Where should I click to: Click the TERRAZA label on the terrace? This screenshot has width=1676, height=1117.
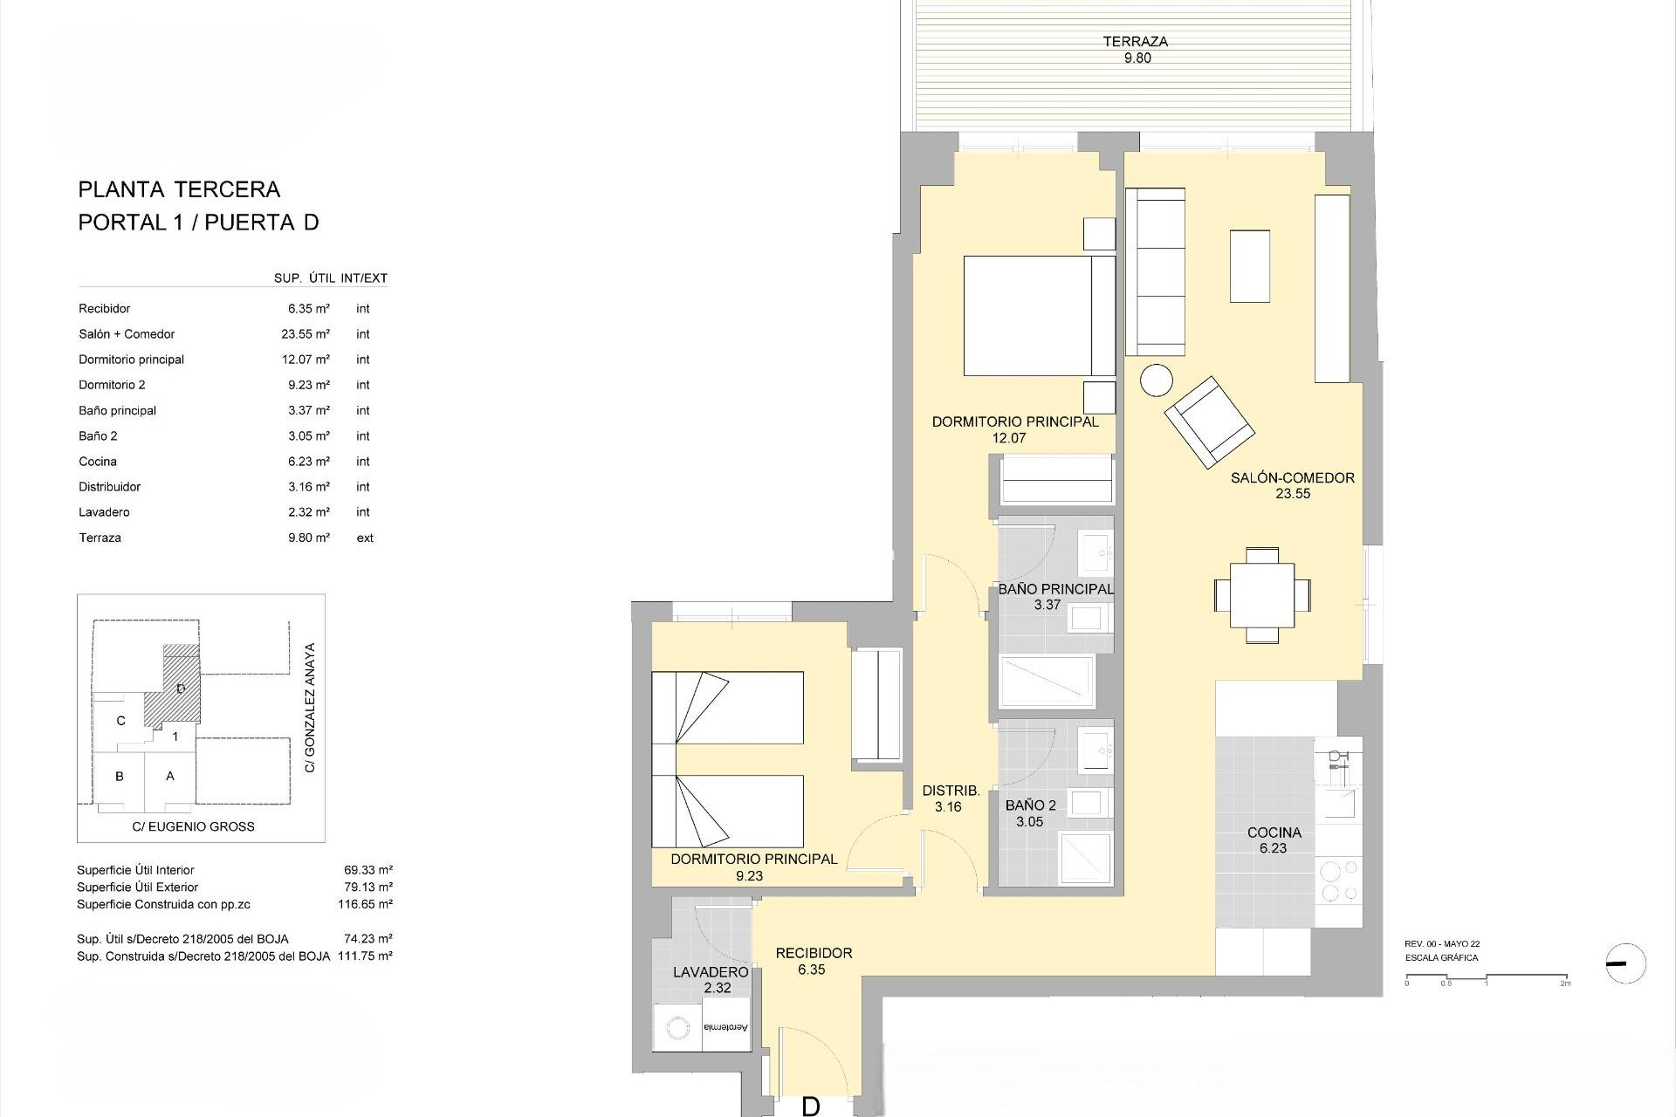tap(1135, 42)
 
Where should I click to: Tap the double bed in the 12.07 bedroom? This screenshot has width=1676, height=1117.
tap(1038, 316)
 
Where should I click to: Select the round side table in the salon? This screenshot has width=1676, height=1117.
tap(1157, 380)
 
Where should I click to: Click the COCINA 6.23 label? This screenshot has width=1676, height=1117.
tap(1274, 839)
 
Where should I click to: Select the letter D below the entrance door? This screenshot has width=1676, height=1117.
tap(810, 1107)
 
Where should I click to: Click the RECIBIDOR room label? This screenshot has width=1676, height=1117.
tap(814, 953)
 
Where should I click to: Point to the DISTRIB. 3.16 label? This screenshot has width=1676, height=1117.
tap(951, 798)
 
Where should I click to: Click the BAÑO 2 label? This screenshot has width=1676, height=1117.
tap(1030, 805)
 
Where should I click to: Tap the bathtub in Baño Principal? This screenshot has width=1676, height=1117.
tap(1046, 682)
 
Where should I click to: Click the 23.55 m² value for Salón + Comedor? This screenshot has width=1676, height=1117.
tap(308, 334)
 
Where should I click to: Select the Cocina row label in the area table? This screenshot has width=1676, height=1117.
tap(98, 462)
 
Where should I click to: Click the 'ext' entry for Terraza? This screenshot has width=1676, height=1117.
tap(365, 538)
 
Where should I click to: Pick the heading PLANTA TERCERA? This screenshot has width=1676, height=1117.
tap(179, 189)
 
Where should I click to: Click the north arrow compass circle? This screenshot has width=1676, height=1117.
tap(1625, 963)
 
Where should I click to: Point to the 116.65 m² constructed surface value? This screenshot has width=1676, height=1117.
tap(365, 904)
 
